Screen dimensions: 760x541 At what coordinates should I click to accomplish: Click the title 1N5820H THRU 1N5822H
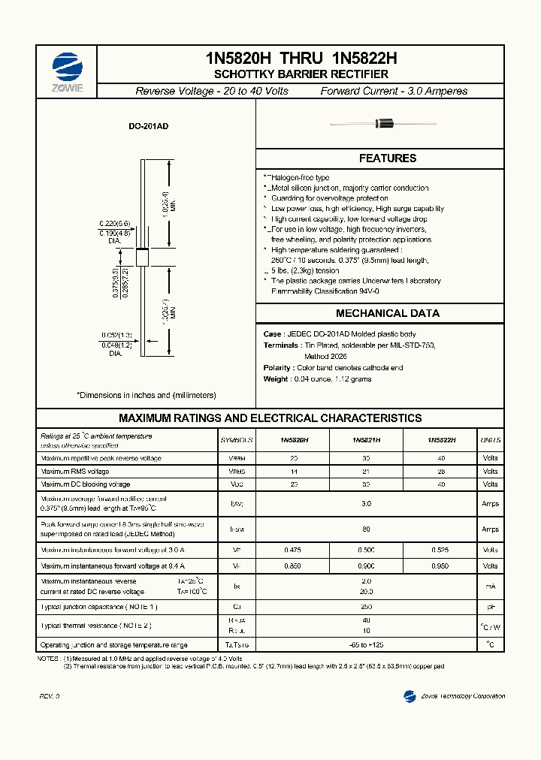click(301, 58)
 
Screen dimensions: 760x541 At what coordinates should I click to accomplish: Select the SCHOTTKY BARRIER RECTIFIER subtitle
click(301, 74)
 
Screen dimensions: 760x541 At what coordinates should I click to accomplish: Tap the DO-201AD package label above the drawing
click(148, 127)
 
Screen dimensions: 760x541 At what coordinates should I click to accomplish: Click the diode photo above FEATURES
click(384, 122)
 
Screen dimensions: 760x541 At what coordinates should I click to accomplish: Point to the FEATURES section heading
click(387, 158)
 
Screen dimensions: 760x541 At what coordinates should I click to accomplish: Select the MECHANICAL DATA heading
click(387, 313)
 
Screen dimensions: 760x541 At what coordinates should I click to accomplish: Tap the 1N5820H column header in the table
click(294, 440)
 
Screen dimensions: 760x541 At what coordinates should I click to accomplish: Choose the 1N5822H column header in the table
click(441, 440)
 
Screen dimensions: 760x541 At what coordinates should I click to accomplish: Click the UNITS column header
click(490, 440)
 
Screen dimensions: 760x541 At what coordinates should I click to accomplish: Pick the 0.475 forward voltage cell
click(294, 550)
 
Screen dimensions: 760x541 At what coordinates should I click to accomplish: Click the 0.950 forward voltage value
click(441, 565)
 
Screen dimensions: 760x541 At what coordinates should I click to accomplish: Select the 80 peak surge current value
click(367, 529)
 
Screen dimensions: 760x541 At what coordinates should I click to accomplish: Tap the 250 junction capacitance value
click(367, 606)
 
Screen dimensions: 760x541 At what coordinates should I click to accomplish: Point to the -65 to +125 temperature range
click(367, 645)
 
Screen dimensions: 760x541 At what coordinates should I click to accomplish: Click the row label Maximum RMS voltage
click(75, 472)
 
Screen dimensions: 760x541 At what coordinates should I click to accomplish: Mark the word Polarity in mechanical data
click(277, 368)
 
